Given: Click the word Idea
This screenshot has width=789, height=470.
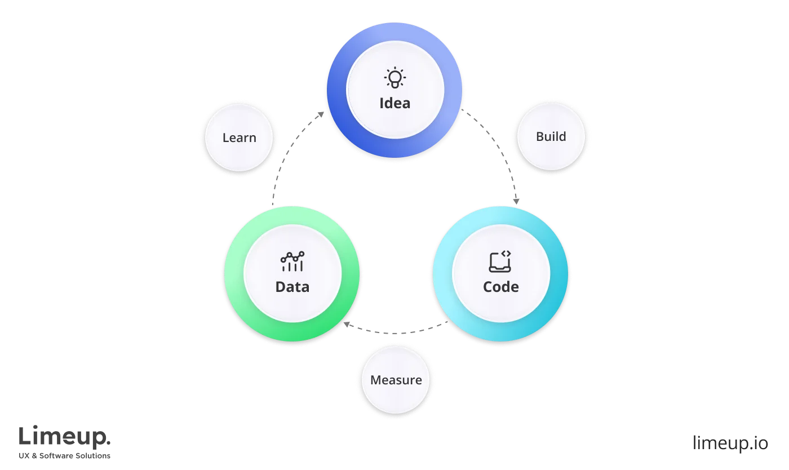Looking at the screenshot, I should [394, 103].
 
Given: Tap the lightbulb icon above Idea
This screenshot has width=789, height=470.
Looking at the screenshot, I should [394, 78].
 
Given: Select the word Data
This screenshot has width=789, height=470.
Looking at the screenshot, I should [292, 286].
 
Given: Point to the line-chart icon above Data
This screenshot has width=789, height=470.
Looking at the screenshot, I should [292, 261].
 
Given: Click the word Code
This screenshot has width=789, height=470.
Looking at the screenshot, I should [500, 286].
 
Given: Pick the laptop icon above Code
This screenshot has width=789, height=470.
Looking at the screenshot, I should [500, 261].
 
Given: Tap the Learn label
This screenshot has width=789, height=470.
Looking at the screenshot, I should [239, 138].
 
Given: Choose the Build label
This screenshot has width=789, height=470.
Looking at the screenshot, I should [551, 136].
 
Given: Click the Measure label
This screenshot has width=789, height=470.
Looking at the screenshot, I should [396, 380].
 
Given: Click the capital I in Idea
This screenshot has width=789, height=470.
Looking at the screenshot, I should [382, 103].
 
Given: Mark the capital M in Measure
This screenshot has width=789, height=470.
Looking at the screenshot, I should [376, 380].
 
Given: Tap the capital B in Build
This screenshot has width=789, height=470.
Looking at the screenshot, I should [539, 136].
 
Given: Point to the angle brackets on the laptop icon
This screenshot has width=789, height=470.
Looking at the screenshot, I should [506, 254].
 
